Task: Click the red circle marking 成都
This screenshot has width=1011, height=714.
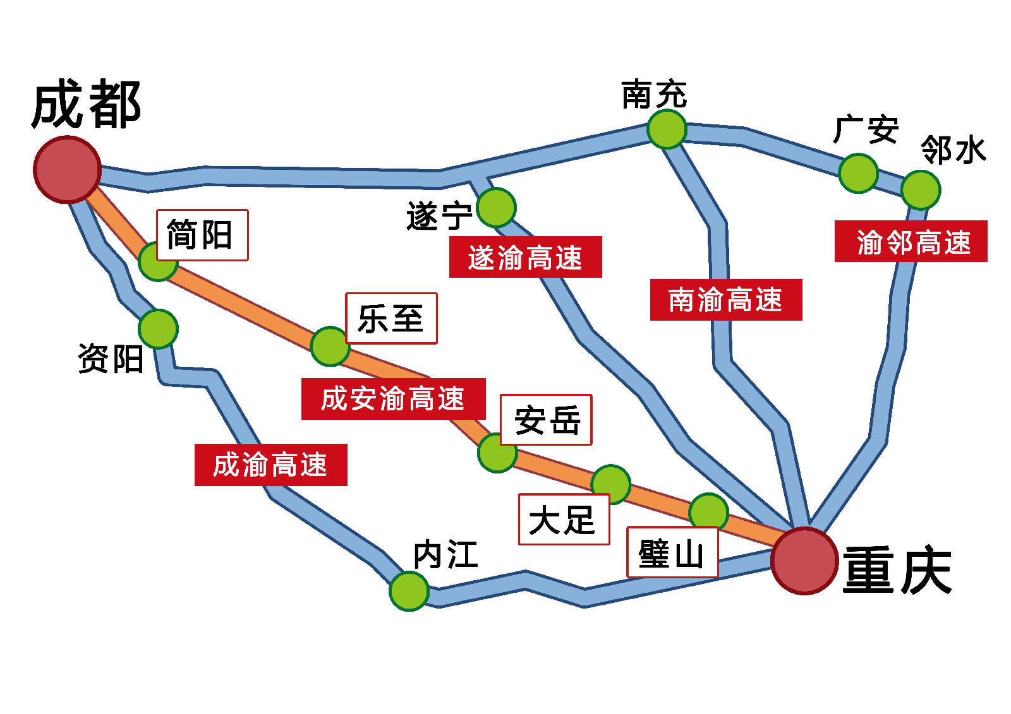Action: coord(67,169)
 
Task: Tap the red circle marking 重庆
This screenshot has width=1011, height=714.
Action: coord(804,561)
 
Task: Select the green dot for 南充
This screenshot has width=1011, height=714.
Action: coord(667,129)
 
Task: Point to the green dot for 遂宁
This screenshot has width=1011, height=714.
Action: coord(496,207)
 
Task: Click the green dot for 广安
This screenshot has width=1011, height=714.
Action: coord(858,173)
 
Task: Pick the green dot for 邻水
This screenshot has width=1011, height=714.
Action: coord(921,189)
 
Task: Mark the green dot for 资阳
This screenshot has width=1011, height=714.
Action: coord(158,328)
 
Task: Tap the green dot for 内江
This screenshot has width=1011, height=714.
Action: coord(409,591)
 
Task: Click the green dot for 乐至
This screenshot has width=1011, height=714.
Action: coord(330,346)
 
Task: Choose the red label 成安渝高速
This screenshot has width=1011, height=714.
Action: coord(393,399)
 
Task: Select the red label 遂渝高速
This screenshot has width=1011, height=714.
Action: coord(525,258)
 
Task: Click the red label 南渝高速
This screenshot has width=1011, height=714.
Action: coord(725,300)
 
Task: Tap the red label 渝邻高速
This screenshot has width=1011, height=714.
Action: coord(911,241)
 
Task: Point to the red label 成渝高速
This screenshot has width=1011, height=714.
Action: coord(270,465)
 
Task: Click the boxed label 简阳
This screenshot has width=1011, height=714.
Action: coord(202,235)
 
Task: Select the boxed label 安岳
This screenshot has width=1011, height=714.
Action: coord(546,420)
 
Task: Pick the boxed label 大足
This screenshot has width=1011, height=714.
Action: coord(564,519)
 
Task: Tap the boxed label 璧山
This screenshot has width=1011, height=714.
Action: coord(672,552)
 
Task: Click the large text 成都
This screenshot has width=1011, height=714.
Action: coord(86,105)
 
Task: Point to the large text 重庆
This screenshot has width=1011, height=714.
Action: coord(897,570)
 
